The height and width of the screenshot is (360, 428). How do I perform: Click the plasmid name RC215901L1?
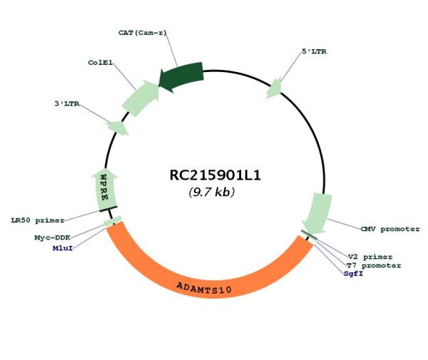pyautogui.click(x=215, y=175)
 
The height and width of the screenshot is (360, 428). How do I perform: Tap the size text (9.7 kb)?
pyautogui.click(x=212, y=192)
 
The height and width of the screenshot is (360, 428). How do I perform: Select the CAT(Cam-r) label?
pyautogui.click(x=143, y=33)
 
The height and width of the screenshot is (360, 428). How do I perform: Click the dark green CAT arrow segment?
pyautogui.click(x=181, y=76)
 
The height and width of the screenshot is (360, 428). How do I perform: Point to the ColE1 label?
pyautogui.click(x=100, y=63)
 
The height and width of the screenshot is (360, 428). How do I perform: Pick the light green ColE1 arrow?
pyautogui.click(x=141, y=98)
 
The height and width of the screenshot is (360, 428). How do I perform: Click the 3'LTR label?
pyautogui.click(x=67, y=103)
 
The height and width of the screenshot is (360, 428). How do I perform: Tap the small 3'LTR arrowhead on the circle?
pyautogui.click(x=118, y=128)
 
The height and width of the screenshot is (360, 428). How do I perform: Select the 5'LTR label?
pyautogui.click(x=314, y=51)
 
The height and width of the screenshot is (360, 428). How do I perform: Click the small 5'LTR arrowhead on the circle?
pyautogui.click(x=275, y=88)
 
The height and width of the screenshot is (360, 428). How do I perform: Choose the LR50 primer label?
pyautogui.click(x=38, y=220)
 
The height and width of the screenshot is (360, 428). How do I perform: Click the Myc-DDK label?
pyautogui.click(x=52, y=237)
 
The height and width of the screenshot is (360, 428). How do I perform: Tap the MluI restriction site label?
pyautogui.click(x=63, y=248)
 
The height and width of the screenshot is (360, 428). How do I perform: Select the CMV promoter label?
pyautogui.click(x=390, y=229)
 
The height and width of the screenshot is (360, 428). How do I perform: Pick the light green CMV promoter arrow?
pyautogui.click(x=318, y=212)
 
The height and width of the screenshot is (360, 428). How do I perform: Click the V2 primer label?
pyautogui.click(x=370, y=257)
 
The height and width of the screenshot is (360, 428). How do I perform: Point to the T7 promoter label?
pyautogui.click(x=374, y=265)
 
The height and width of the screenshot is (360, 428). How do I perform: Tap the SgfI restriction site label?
pyautogui.click(x=354, y=273)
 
